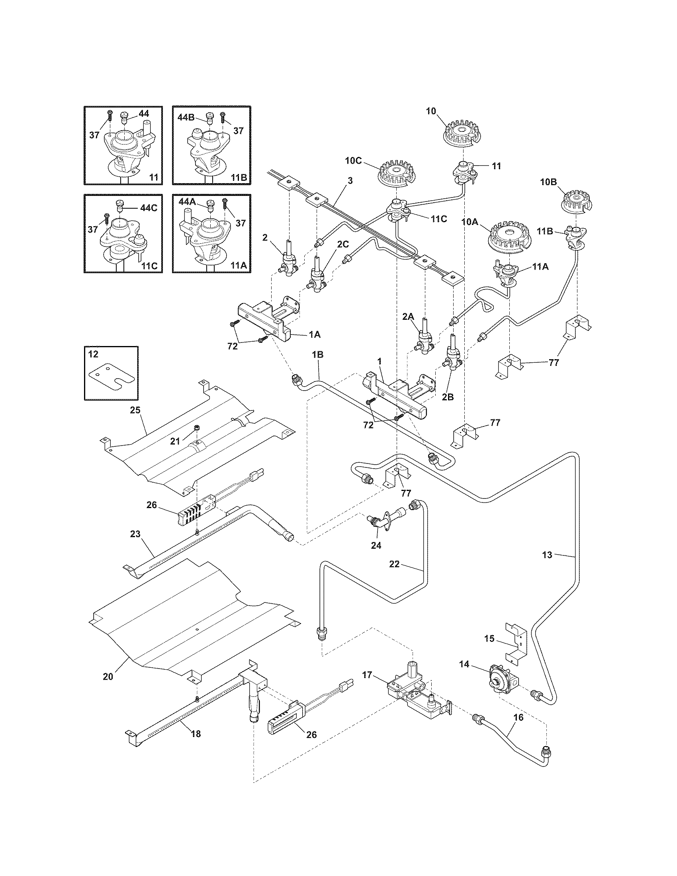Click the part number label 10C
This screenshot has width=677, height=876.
tap(353, 161)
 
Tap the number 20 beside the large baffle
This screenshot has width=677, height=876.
tap(108, 676)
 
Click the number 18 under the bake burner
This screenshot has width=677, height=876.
tap(196, 734)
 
